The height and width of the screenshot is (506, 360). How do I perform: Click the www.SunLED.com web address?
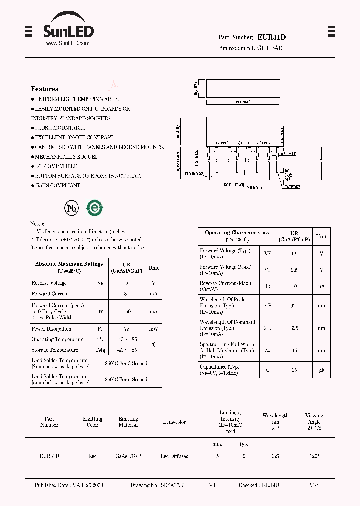click(68, 44)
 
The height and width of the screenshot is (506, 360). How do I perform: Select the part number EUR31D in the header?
click(272, 37)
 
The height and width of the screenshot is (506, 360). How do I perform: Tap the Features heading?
click(44, 89)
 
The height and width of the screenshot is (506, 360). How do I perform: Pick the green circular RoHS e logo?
click(94, 208)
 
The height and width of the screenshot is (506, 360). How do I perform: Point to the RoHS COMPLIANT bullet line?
click(57, 185)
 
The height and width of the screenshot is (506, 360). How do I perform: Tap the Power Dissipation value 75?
click(127, 329)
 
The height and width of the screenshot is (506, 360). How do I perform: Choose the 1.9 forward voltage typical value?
click(294, 254)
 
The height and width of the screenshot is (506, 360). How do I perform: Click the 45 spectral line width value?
click(294, 350)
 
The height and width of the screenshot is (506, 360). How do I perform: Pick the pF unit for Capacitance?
click(321, 370)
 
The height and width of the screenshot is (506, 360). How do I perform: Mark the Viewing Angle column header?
click(314, 421)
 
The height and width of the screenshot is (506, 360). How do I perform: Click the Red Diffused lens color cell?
click(174, 456)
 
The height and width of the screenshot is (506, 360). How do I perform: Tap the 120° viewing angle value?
click(314, 456)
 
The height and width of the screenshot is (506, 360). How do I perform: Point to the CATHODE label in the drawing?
click(292, 187)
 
